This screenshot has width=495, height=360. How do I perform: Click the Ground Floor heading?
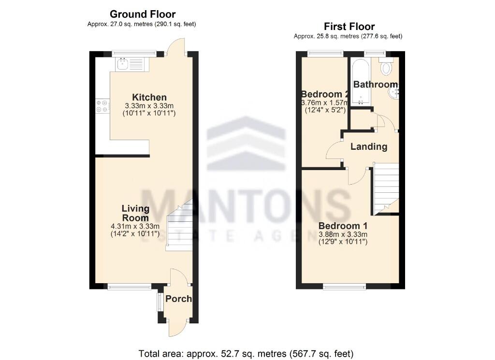[x=143, y=14]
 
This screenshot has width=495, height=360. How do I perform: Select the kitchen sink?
[x=123, y=63]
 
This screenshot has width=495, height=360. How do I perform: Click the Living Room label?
[x=135, y=213]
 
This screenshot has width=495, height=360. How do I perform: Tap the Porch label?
[x=178, y=299]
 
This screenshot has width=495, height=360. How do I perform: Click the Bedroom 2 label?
[x=324, y=94]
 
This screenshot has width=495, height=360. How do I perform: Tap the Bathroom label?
[x=375, y=85]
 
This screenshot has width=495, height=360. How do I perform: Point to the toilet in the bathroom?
[x=387, y=68]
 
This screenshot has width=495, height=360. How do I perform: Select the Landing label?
[x=369, y=147]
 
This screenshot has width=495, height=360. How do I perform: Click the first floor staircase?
[x=385, y=188]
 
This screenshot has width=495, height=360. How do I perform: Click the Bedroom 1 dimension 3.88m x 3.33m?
[x=343, y=234]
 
